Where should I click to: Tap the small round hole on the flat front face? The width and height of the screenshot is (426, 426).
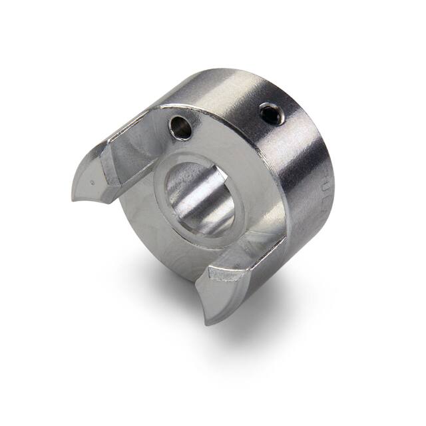click(x=180, y=127)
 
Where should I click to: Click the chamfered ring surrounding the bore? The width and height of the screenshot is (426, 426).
click(x=236, y=220)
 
